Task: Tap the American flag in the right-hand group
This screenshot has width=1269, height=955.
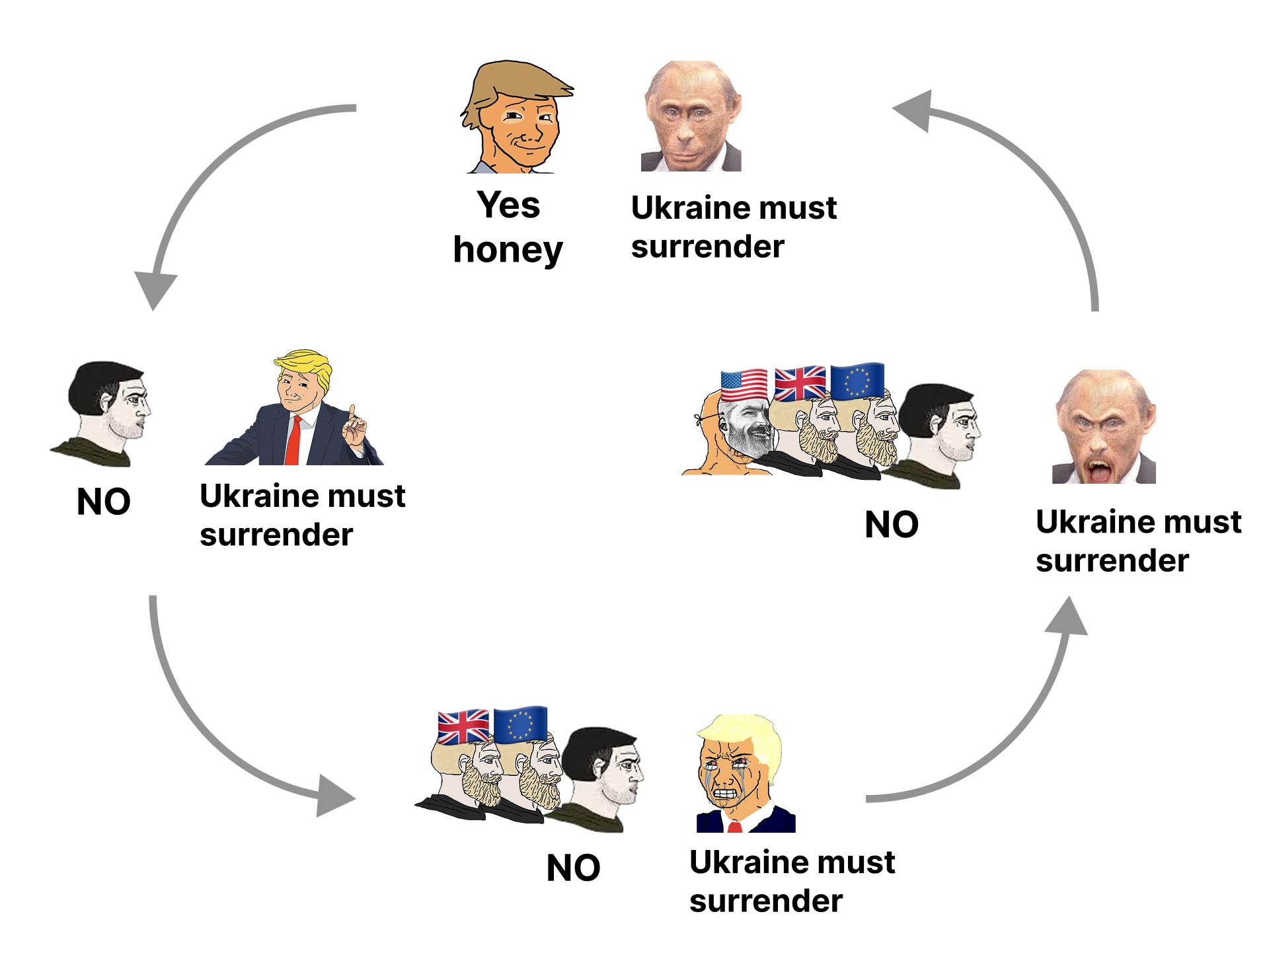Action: tap(744, 384)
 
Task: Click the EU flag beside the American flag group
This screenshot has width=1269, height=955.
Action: tap(857, 381)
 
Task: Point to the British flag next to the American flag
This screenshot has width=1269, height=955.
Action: tap(800, 383)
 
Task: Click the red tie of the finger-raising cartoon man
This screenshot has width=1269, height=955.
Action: tap(293, 441)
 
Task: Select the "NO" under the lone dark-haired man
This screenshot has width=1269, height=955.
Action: tap(104, 502)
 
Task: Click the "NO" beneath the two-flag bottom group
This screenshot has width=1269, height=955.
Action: tap(573, 868)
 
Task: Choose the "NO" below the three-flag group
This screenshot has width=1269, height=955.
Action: tap(892, 525)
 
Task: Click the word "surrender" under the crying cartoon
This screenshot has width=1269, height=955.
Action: tap(765, 901)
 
